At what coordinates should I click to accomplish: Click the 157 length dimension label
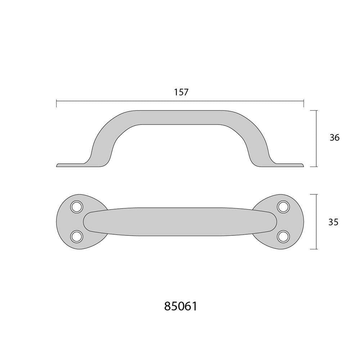point(181,92)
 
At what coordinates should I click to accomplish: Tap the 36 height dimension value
point(334,138)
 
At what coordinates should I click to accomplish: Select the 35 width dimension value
point(333,222)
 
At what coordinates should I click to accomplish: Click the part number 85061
point(181,306)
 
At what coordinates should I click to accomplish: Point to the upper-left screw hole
point(77,206)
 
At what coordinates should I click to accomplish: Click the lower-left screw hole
point(77,237)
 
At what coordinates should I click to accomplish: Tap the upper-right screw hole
point(283,206)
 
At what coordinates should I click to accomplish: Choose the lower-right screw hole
point(283,237)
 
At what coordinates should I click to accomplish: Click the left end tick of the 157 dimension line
point(57,103)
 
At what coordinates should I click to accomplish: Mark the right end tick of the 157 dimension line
point(304,103)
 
